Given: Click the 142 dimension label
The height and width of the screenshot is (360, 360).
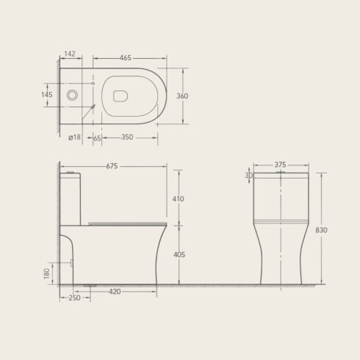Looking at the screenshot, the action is (x=70, y=54).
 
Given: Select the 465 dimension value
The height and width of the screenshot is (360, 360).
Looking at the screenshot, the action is (x=126, y=58).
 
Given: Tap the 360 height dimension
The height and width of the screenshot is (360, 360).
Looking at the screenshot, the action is (x=182, y=96).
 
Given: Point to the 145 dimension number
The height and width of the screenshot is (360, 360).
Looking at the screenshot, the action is (x=47, y=95).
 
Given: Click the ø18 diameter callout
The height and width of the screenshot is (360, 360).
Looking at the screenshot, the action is (x=74, y=137).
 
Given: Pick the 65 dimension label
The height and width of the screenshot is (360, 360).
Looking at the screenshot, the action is (x=97, y=138).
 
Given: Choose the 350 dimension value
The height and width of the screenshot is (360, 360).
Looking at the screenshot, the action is (x=127, y=137).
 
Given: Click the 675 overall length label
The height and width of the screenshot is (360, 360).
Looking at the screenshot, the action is (x=112, y=166).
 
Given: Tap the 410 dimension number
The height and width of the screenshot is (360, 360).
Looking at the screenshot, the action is (x=179, y=199).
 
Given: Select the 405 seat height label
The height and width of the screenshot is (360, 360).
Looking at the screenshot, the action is (x=179, y=255).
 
